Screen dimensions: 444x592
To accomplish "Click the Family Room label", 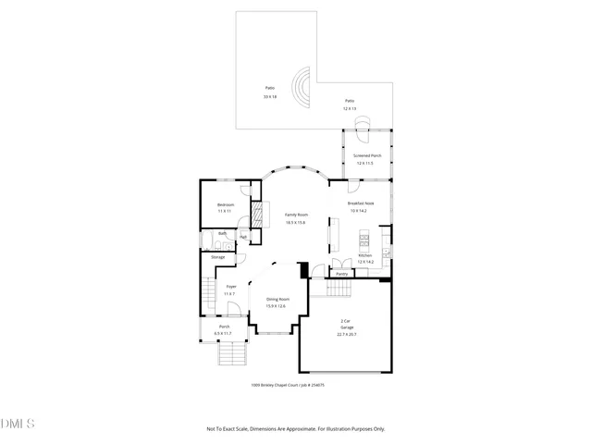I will pyautogui.click(x=296, y=215).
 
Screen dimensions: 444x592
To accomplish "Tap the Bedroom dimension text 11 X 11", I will pyautogui.click(x=225, y=212).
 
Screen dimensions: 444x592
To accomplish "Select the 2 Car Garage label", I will pyautogui.click(x=346, y=325).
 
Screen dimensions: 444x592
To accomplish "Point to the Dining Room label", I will pyautogui.click(x=277, y=299).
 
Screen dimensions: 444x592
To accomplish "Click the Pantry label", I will pyautogui.click(x=341, y=274).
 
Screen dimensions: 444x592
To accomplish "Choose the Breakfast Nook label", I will pyautogui.click(x=361, y=203).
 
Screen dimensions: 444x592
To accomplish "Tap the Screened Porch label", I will pyautogui.click(x=368, y=155).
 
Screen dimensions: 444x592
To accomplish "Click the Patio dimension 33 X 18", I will pyautogui.click(x=269, y=96).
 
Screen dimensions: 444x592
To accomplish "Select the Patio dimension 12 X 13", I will pyautogui.click(x=350, y=108).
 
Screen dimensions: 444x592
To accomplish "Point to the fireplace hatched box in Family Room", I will pyautogui.click(x=258, y=210).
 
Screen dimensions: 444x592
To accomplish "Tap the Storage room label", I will pyautogui.click(x=217, y=256).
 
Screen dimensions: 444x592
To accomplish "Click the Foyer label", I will pyautogui.click(x=231, y=287).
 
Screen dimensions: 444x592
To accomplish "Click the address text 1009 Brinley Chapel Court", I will pyautogui.click(x=288, y=386).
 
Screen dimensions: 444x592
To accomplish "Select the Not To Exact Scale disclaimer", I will pyautogui.click(x=295, y=428).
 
